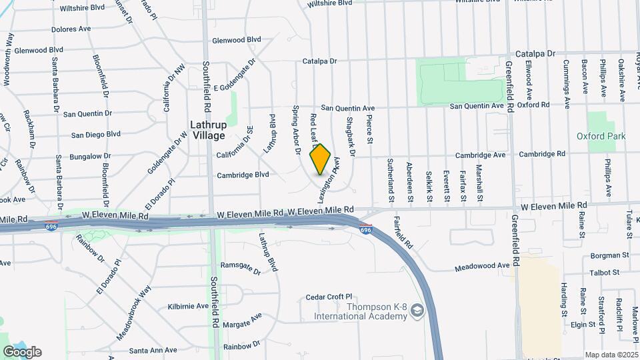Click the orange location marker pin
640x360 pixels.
[x=321, y=159]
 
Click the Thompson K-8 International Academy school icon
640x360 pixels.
[x=417, y=311]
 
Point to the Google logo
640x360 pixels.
[x=22, y=352]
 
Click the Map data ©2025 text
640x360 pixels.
[x=610, y=355]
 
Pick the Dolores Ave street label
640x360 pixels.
[x=71, y=29]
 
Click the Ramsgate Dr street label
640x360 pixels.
[x=241, y=269]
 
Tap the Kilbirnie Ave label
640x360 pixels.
[x=189, y=306]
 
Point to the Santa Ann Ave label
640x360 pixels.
[x=153, y=350]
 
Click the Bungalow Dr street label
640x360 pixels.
[x=93, y=156]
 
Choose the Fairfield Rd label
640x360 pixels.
[x=404, y=233]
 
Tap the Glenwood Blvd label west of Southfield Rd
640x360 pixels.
[x=39, y=50]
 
